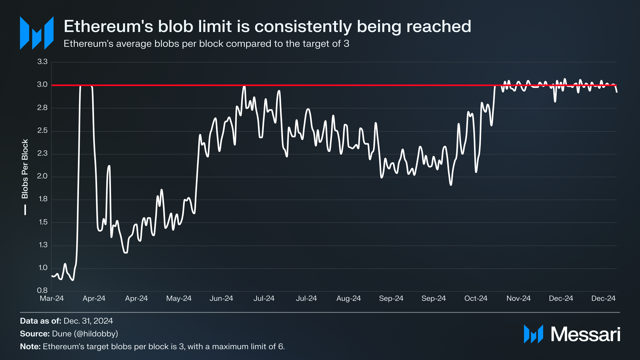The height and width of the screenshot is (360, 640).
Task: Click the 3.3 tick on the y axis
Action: [42, 62]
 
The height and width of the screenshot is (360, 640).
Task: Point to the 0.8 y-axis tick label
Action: [42, 290]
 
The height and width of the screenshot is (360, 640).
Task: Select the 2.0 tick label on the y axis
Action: [42, 176]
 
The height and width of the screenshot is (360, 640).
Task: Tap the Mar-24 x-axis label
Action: [52, 298]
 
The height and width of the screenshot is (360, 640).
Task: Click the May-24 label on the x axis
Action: [179, 298]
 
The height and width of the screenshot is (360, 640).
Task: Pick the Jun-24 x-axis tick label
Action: [221, 298]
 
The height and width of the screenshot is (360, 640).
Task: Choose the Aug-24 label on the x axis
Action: [348, 298]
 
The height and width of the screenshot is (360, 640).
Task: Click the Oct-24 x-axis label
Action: [476, 298]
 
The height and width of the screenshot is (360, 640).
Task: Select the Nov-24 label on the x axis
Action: [518, 298]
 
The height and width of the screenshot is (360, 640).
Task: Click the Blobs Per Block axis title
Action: [25, 169]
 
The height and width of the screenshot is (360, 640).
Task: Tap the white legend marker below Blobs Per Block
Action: [25, 210]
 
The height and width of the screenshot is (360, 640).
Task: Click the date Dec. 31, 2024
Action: [88, 321]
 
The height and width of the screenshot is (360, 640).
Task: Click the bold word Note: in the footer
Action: [30, 347]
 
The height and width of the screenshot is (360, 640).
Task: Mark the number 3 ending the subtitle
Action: [346, 44]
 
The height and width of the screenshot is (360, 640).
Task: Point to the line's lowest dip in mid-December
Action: [555, 101]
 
